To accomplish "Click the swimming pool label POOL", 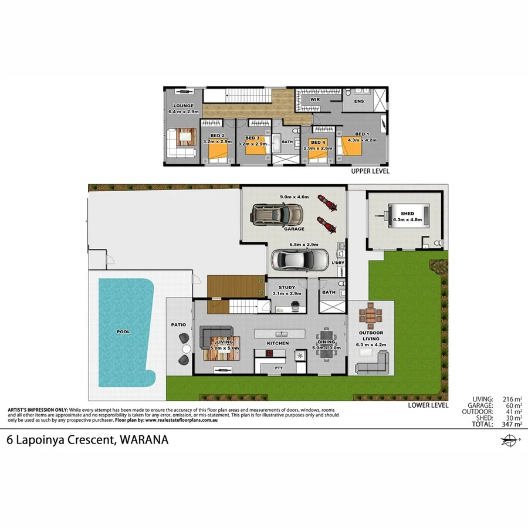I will [123, 332].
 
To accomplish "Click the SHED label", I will [407, 214].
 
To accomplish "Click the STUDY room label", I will [287, 287].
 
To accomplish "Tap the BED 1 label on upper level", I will [362, 134].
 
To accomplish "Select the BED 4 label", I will [317, 143].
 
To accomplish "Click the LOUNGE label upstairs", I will [183, 106].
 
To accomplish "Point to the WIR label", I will [314, 100].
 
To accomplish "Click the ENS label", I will [358, 101].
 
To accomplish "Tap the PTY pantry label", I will [279, 368].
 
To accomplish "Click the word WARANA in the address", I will [144, 439].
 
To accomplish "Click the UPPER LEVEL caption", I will [370, 172].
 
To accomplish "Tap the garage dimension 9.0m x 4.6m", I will [295, 197].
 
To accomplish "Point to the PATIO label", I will [178, 324].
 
